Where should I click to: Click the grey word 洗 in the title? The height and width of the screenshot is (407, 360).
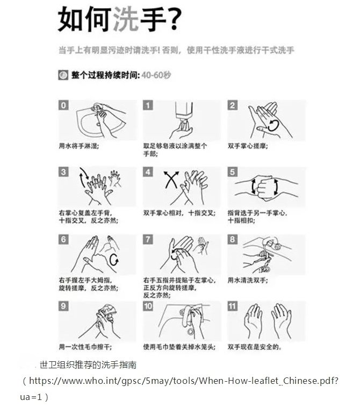126,19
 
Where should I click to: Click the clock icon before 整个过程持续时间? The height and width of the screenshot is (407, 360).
63,75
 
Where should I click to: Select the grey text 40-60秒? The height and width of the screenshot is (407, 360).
156,75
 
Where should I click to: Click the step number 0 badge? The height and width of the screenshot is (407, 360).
63,105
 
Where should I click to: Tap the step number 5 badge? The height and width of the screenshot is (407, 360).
233,172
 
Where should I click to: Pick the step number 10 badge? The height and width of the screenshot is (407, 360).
148,306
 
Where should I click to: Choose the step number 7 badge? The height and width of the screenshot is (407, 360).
148,239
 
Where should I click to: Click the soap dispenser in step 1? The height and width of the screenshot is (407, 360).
184,113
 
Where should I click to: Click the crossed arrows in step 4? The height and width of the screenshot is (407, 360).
171,180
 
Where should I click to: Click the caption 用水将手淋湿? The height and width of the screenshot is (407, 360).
79,146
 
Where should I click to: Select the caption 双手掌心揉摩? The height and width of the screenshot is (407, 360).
248,146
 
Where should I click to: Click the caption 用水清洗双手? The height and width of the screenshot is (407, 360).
248,280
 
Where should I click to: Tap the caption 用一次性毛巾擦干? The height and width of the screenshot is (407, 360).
85,347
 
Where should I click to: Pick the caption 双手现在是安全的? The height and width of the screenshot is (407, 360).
255,347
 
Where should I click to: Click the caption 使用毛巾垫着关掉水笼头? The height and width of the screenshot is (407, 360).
179,347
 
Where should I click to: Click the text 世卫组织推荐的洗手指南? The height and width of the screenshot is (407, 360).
88,365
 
